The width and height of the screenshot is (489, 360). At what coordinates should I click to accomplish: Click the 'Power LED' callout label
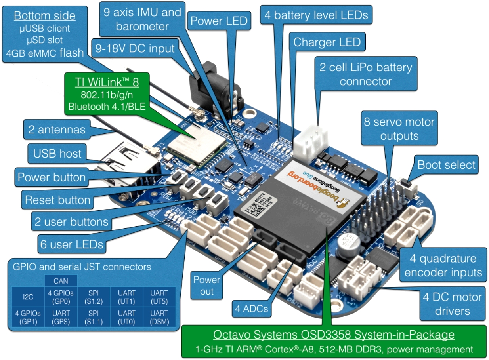point(219,21)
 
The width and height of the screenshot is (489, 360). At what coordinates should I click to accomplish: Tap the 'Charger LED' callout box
point(327,42)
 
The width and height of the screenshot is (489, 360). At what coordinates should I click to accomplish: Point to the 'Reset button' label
point(58,200)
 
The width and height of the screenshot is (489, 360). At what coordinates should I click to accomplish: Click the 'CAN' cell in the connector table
point(61,281)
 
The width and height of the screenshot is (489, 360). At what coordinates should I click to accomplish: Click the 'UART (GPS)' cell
point(61,317)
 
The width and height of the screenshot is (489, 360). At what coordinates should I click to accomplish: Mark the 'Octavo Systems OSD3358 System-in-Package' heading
point(333,335)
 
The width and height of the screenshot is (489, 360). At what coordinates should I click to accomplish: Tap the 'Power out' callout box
point(206,285)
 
